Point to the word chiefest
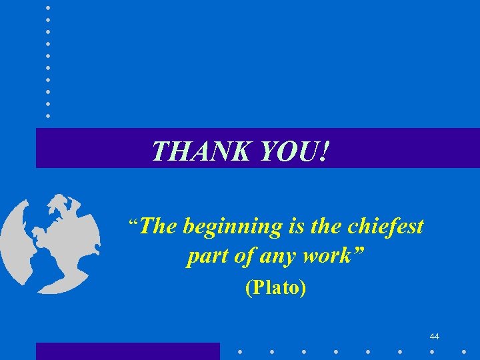(386, 227)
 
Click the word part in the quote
(203, 256)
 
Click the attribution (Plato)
(276, 288)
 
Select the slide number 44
(435, 337)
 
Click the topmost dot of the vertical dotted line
(48, 8)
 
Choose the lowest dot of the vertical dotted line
(48, 115)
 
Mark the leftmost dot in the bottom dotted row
(241, 350)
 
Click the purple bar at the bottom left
(127, 351)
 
